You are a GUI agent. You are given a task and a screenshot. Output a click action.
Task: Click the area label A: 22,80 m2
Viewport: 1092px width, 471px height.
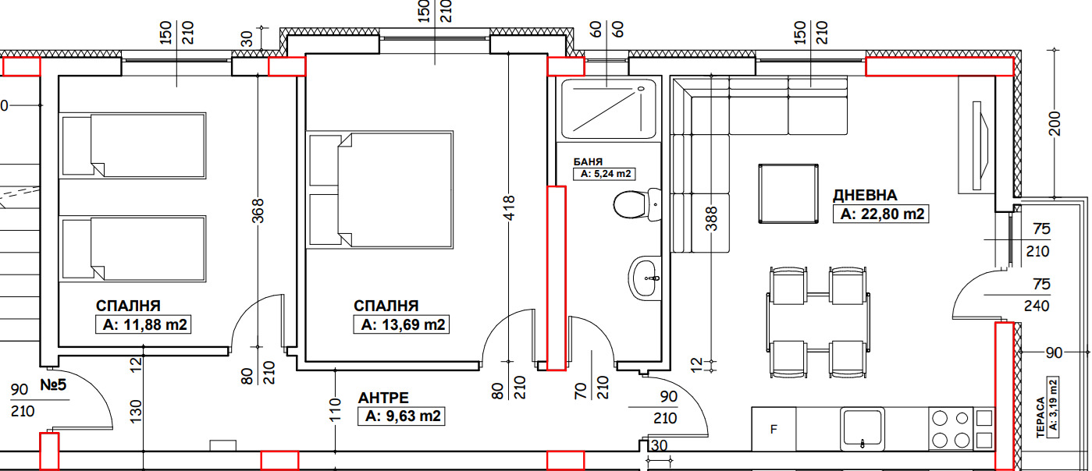(x=881, y=214)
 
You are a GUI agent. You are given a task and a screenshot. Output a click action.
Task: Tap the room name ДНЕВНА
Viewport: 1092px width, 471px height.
(x=865, y=195)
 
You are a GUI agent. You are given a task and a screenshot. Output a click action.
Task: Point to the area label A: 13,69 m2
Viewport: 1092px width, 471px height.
(x=402, y=324)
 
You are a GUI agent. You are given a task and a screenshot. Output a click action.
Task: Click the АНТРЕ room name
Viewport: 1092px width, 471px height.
(x=383, y=397)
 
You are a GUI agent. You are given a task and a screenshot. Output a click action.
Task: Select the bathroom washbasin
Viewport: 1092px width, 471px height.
(x=645, y=277)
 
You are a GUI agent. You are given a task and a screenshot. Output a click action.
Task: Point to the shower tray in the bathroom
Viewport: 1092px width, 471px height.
(x=608, y=108)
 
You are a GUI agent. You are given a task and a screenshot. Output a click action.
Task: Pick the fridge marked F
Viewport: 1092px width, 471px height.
(x=774, y=429)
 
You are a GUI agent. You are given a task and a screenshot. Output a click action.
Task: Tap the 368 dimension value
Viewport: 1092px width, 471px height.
(x=260, y=211)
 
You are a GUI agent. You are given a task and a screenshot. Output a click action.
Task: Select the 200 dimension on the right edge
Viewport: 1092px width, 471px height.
(x=1055, y=122)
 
